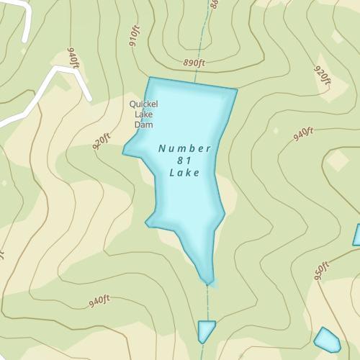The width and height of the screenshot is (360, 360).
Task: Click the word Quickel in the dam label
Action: pyautogui.click(x=143, y=104)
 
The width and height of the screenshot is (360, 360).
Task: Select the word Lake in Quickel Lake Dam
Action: pyautogui.click(x=143, y=114)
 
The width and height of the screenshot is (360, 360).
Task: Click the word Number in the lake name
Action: pyautogui.click(x=184, y=149)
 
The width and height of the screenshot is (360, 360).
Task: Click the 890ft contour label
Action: pyautogui.click(x=194, y=63)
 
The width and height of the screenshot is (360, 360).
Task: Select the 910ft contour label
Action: pyautogui.click(x=135, y=36)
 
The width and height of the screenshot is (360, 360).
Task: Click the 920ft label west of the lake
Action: pyautogui.click(x=102, y=140)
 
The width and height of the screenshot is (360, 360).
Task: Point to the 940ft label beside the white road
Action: pyautogui.click(x=73, y=58)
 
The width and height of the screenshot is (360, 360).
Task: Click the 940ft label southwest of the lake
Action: pyautogui.click(x=99, y=301)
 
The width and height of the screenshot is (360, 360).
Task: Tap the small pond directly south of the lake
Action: pyautogui.click(x=206, y=330)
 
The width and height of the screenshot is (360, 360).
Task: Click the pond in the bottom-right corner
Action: pyautogui.click(x=327, y=339)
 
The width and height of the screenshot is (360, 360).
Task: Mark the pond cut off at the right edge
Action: pyautogui.click(x=356, y=235)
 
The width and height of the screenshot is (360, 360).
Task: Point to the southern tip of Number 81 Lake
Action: pyautogui.click(x=207, y=282)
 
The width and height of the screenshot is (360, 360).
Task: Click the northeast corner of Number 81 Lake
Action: pyautogui.click(x=236, y=91)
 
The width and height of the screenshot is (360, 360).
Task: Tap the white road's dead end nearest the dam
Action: pyautogui.click(x=90, y=98)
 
